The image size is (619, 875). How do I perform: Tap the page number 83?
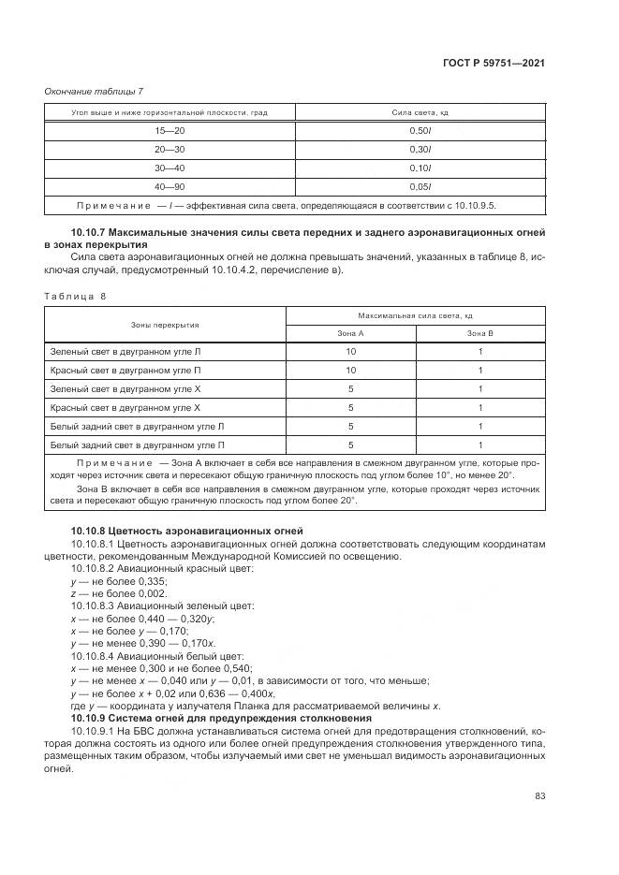click(x=539, y=795)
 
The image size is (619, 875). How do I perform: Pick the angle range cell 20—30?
click(x=170, y=150)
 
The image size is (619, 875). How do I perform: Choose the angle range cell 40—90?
click(x=170, y=186)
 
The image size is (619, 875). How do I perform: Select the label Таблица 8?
click(x=76, y=296)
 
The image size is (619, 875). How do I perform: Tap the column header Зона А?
click(x=350, y=333)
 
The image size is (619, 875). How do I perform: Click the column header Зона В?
click(x=479, y=333)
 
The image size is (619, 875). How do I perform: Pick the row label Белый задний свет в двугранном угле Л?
click(x=137, y=427)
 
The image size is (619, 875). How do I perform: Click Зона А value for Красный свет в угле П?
click(x=350, y=371)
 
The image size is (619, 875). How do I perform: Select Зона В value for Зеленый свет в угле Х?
click(x=479, y=389)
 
